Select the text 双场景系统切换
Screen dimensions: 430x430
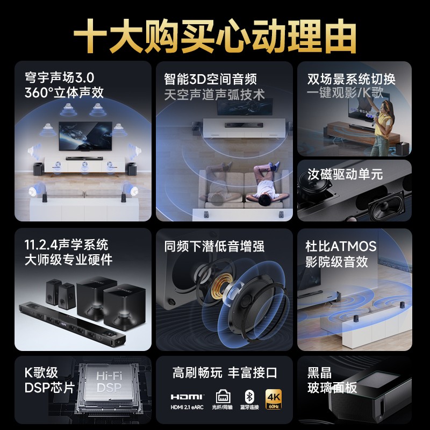[352, 78]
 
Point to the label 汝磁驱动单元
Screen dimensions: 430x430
[345, 174]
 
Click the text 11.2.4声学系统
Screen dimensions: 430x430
[66, 245]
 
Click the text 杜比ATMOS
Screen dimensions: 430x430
[341, 246]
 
